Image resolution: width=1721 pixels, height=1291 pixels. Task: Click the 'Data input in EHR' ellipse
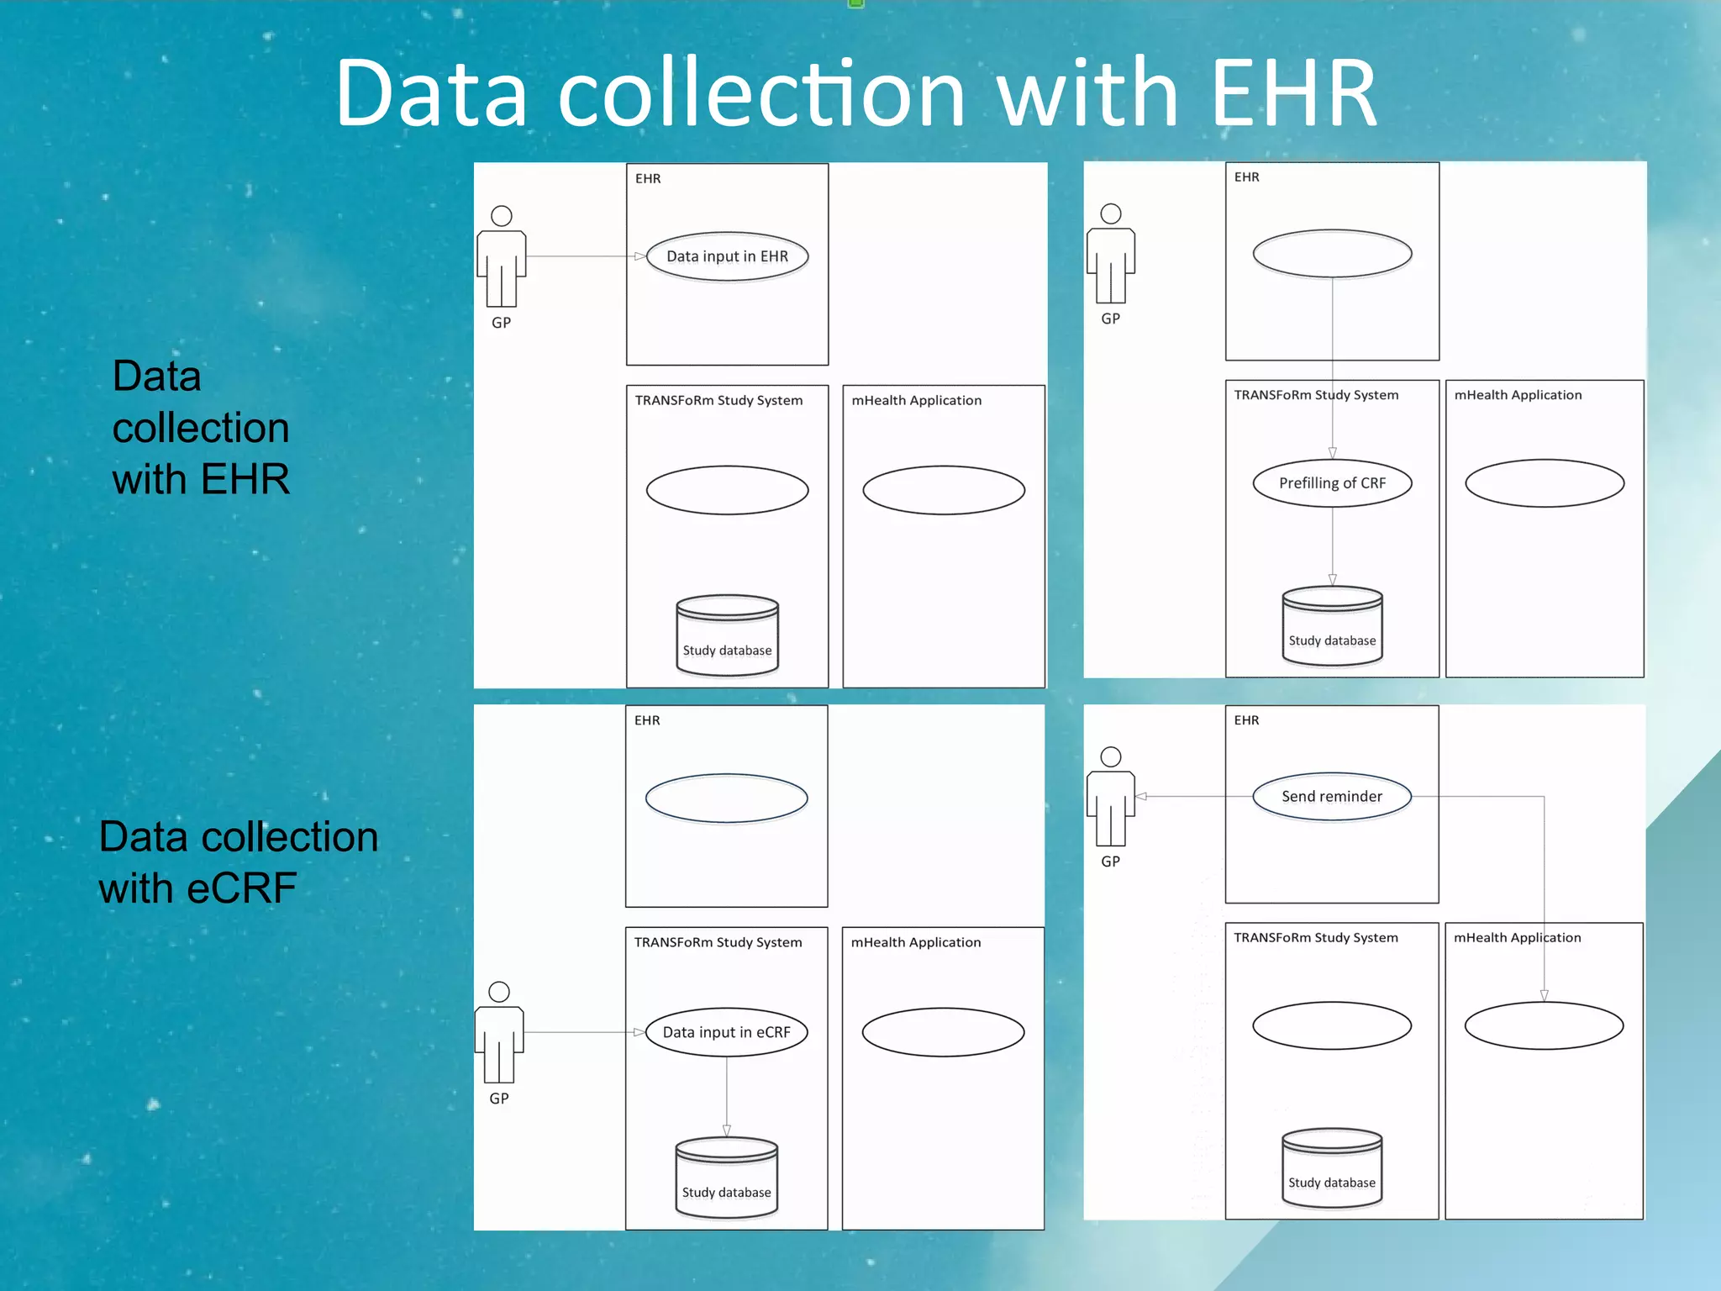(x=727, y=256)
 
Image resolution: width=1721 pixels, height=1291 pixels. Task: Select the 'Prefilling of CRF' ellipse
(x=1332, y=483)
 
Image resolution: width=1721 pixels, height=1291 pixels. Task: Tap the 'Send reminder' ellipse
(x=1332, y=796)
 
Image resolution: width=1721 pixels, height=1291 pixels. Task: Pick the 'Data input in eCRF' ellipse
(x=727, y=1032)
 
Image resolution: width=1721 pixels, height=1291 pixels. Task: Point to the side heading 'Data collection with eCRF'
(x=239, y=862)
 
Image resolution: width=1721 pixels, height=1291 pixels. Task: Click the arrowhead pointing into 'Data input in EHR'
(x=640, y=256)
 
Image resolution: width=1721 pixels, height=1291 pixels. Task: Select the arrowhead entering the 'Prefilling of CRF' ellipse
(x=1333, y=453)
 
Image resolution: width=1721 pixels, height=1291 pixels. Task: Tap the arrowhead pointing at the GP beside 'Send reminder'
(x=1141, y=796)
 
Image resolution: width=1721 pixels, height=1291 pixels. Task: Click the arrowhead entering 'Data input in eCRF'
(x=639, y=1032)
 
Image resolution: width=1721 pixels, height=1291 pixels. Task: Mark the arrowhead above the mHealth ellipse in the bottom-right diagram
(x=1545, y=995)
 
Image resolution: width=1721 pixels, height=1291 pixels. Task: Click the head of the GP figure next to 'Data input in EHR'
(x=502, y=216)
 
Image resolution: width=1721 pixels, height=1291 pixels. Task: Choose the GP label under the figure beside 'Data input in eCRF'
(x=499, y=1099)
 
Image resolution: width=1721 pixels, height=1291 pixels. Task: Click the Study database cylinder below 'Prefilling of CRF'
(x=1333, y=627)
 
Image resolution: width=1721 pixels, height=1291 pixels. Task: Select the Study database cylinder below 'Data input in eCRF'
(x=727, y=1178)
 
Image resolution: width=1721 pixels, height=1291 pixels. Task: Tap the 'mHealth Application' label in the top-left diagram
(x=917, y=401)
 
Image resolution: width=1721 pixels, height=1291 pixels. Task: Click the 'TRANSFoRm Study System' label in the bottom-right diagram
(x=1316, y=938)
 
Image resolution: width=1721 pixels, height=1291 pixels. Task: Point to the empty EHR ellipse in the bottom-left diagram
(x=727, y=798)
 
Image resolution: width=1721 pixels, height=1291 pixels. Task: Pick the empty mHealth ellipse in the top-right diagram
(x=1545, y=483)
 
